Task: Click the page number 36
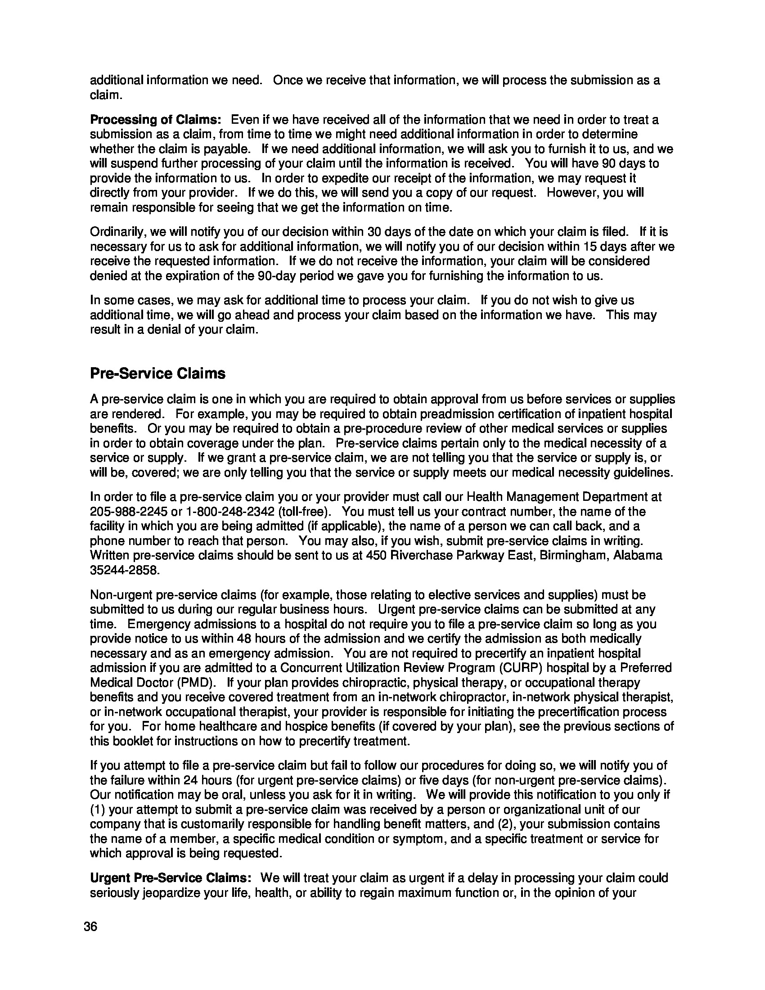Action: (x=90, y=927)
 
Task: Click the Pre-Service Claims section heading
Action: (x=157, y=373)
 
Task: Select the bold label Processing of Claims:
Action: (x=155, y=120)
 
